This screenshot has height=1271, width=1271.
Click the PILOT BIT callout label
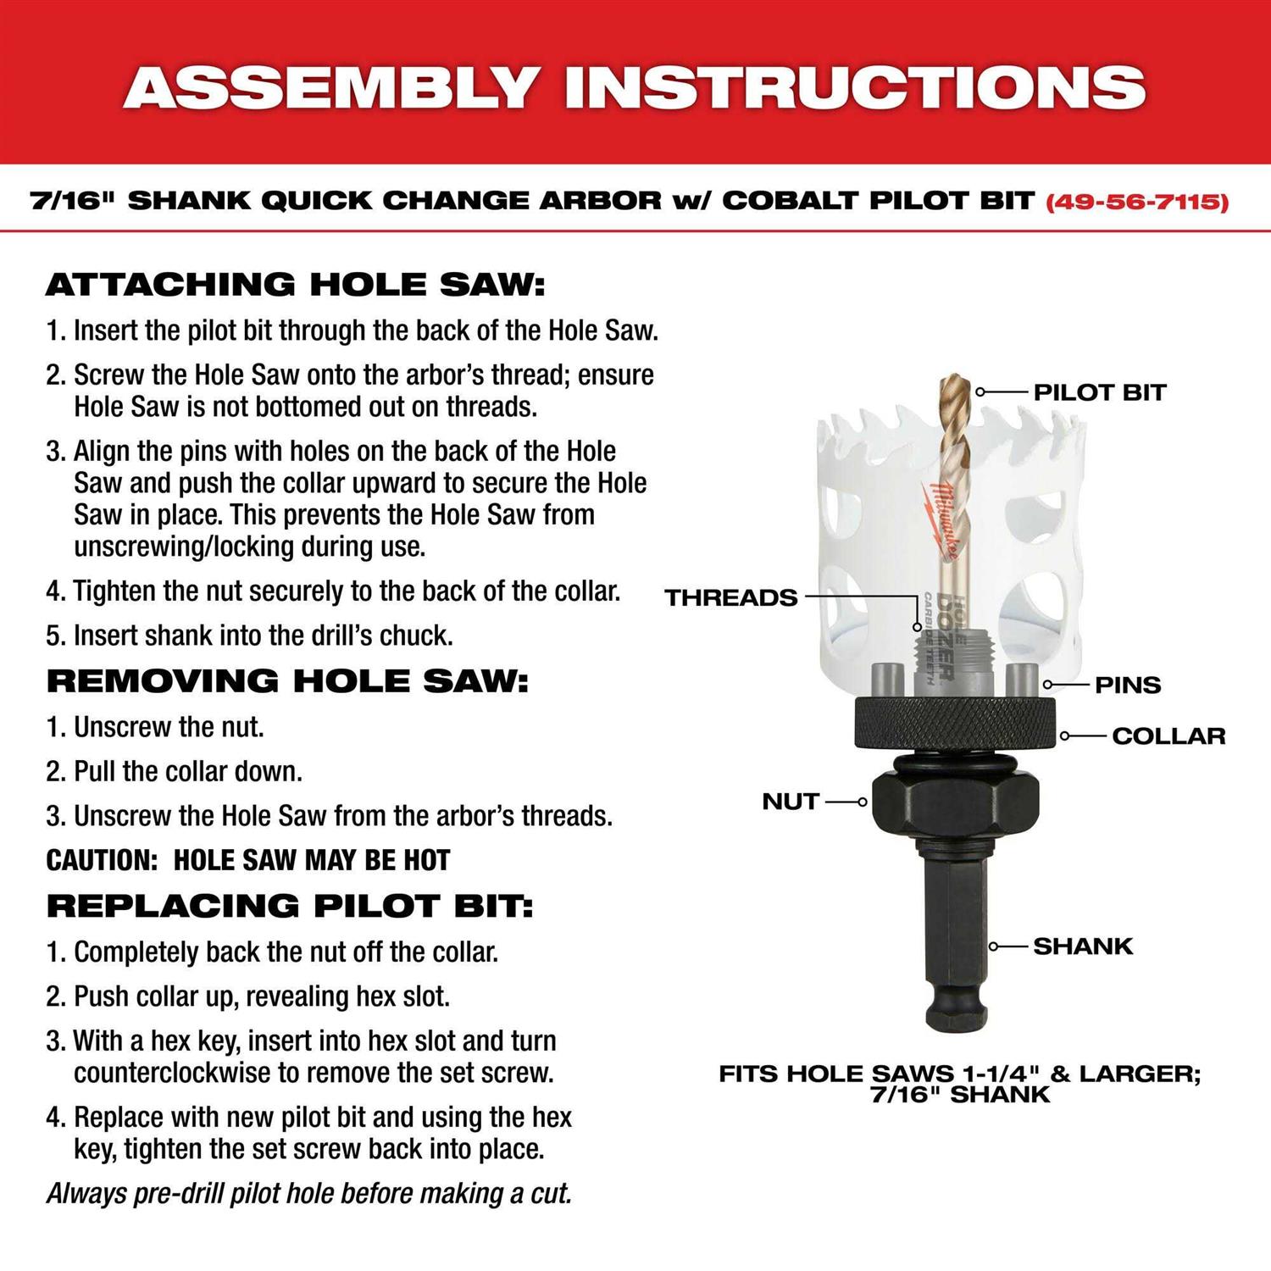pyautogui.click(x=1099, y=392)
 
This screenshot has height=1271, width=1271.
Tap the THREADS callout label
pyautogui.click(x=730, y=597)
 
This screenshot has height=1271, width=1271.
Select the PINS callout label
pyautogui.click(x=1127, y=685)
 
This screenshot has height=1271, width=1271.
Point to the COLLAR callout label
pyautogui.click(x=1168, y=735)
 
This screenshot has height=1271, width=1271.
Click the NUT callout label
pyautogui.click(x=790, y=802)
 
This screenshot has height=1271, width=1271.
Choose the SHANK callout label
pyautogui.click(x=1082, y=946)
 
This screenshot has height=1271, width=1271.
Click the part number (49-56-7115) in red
pyautogui.click(x=1137, y=202)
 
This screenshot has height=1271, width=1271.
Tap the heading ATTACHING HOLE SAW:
pyautogui.click(x=295, y=285)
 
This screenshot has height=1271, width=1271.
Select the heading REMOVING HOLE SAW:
pyautogui.click(x=287, y=681)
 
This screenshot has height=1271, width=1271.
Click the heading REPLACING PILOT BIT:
pyautogui.click(x=290, y=906)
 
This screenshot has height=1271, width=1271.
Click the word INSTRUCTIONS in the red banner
pyautogui.click(x=855, y=86)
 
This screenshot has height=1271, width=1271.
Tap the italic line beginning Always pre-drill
pyautogui.click(x=309, y=1194)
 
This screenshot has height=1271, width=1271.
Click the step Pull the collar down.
pyautogui.click(x=187, y=772)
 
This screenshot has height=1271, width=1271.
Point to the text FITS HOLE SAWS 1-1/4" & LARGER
pyautogui.click(x=959, y=1074)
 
